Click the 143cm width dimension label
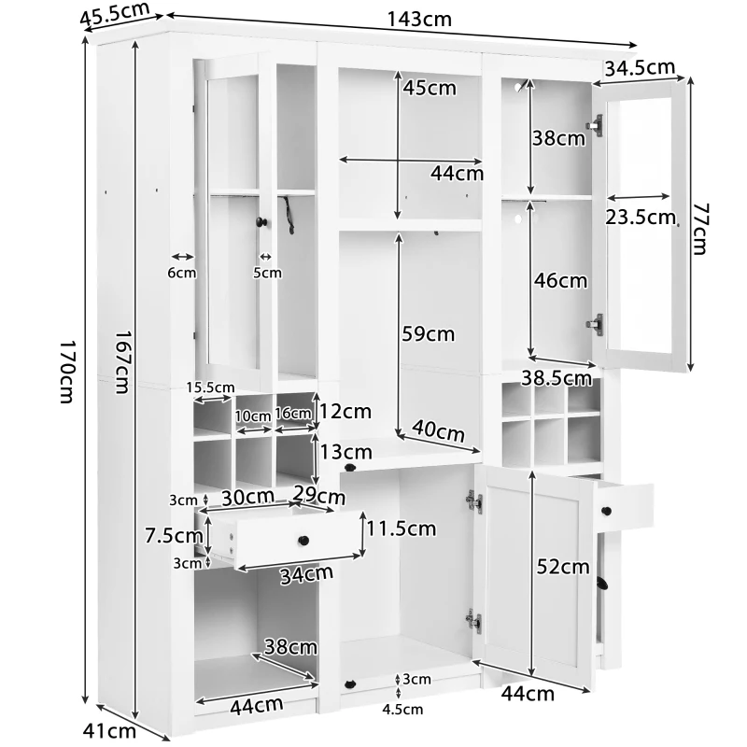[418, 20]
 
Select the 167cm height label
[122, 362]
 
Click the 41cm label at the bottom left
[109, 730]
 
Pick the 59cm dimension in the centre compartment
[429, 333]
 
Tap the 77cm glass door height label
[699, 229]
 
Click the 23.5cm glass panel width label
[641, 218]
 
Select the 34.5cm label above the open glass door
[640, 68]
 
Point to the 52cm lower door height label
[563, 567]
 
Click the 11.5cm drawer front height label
[402, 529]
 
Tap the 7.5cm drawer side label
[174, 536]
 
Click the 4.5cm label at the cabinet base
[402, 710]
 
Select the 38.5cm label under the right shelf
[557, 378]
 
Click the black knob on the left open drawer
[303, 541]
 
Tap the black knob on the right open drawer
[606, 511]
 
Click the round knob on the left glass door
[261, 221]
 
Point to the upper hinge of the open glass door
[596, 125]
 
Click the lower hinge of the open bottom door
[474, 620]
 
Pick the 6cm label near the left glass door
[181, 273]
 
